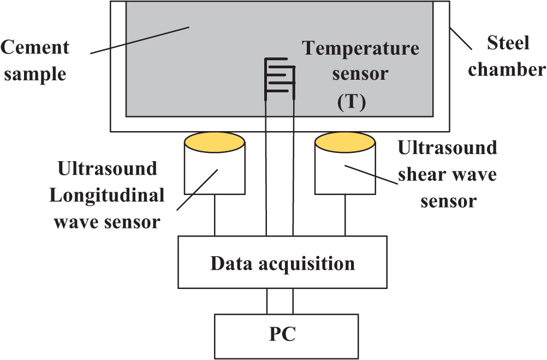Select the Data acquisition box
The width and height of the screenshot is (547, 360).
pyautogui.click(x=282, y=263)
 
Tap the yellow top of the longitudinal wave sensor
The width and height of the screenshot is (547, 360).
pyautogui.click(x=215, y=143)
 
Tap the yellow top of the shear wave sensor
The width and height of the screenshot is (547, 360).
pyautogui.click(x=345, y=143)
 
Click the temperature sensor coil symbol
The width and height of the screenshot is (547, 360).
pyautogui.click(x=280, y=79)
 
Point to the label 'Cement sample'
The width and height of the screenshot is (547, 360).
pyautogui.click(x=35, y=60)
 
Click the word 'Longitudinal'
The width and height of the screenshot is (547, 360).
pyautogui.click(x=107, y=196)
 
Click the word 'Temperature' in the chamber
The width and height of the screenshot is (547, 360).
pyautogui.click(x=361, y=49)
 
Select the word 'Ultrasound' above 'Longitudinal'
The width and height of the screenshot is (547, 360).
pyautogui.click(x=107, y=168)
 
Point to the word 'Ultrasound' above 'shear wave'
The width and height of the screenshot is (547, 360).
pyautogui.click(x=448, y=148)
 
